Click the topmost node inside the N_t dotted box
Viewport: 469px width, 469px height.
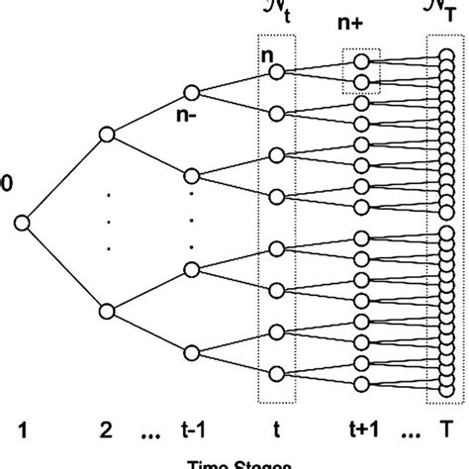[276, 72]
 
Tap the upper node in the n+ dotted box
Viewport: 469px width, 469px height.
[361, 60]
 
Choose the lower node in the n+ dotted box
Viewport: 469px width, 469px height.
[361, 82]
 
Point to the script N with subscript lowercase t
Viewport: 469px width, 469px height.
[274, 14]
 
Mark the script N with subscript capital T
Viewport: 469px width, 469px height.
[442, 14]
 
